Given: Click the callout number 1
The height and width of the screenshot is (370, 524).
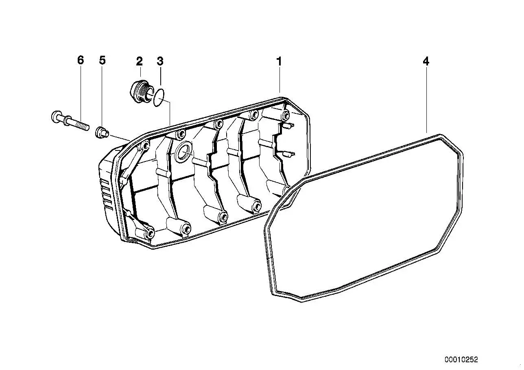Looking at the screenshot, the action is (279, 61).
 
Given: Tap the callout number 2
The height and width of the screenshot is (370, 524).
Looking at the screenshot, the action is (140, 61).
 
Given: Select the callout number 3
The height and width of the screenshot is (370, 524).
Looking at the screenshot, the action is (160, 61).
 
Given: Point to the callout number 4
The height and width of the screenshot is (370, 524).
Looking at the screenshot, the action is (426, 61).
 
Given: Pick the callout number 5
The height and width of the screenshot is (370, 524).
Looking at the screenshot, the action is (102, 60).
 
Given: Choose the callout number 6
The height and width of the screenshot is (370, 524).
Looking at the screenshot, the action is (81, 60).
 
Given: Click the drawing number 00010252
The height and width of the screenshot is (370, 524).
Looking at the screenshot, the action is (461, 359).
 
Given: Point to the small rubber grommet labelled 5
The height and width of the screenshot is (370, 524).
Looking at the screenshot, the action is (102, 132).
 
